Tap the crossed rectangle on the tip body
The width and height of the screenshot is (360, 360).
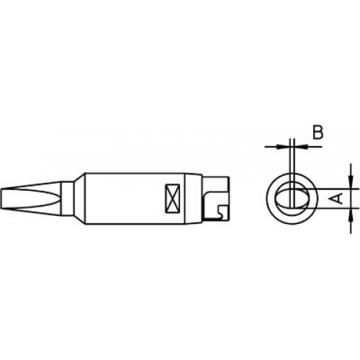click(173, 198)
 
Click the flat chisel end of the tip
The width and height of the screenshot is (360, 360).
click(7, 198)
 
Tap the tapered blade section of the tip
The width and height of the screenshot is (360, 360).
click(36, 198)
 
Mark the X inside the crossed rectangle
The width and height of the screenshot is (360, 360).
click(173, 198)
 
